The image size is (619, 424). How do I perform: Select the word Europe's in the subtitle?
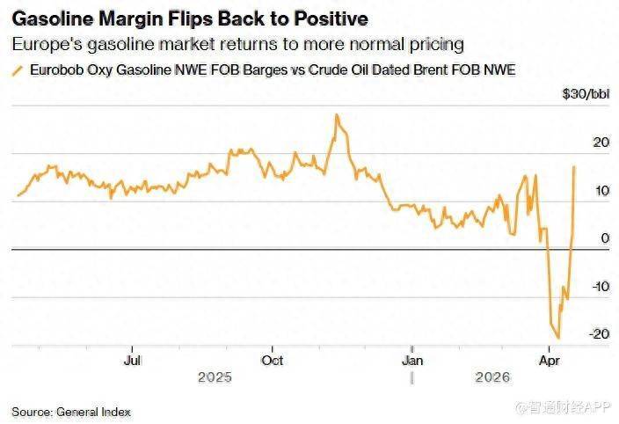(x=42, y=44)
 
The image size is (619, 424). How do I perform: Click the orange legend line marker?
(x=17, y=70)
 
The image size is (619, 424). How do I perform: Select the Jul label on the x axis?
(x=133, y=360)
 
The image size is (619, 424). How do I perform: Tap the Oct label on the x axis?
(x=273, y=360)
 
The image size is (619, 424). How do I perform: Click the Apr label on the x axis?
(x=550, y=360)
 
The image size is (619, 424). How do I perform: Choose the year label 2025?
(x=215, y=377)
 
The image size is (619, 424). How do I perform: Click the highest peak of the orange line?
(x=336, y=114)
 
